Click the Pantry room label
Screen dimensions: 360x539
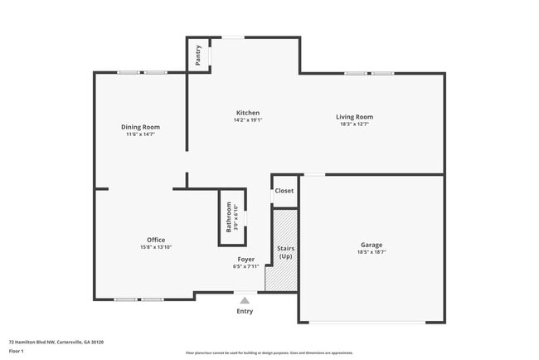click(x=198, y=55)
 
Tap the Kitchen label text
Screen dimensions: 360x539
click(x=248, y=113)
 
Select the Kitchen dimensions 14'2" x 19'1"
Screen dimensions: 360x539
click(x=248, y=120)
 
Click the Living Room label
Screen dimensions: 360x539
click(x=354, y=117)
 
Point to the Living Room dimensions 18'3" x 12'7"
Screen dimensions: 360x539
click(x=354, y=124)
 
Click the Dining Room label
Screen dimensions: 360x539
click(x=141, y=127)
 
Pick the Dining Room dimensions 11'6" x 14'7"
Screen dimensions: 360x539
click(x=141, y=134)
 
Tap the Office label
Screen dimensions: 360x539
click(x=156, y=240)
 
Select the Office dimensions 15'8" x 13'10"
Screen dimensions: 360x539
click(x=156, y=247)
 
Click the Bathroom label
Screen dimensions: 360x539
click(x=229, y=217)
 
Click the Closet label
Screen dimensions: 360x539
click(x=284, y=191)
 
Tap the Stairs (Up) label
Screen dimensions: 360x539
click(x=285, y=252)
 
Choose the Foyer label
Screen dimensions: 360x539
click(x=245, y=260)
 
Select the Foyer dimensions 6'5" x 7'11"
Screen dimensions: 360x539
click(x=245, y=266)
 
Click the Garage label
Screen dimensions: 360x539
click(x=371, y=245)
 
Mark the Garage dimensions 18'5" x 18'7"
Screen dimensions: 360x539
click(x=371, y=251)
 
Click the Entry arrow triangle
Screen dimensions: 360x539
click(x=245, y=300)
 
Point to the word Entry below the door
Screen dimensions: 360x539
click(x=245, y=311)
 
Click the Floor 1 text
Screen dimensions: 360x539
click(x=17, y=352)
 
